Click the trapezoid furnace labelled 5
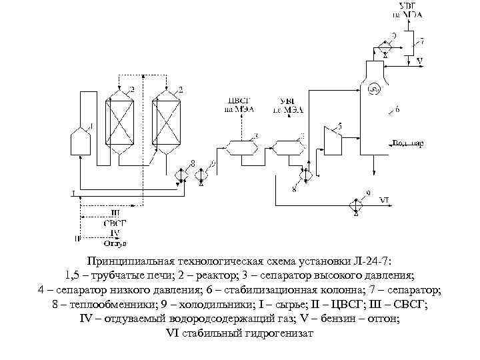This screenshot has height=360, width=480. (331, 140)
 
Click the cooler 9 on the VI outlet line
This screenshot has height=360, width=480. (356, 201)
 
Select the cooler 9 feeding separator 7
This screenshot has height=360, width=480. (385, 45)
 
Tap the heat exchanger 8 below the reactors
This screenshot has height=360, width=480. (181, 175)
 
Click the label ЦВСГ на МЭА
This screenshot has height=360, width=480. (238, 105)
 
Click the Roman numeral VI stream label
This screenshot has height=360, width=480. (385, 199)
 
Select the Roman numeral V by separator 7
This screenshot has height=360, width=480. (419, 61)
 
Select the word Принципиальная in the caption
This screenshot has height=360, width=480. (133, 260)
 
